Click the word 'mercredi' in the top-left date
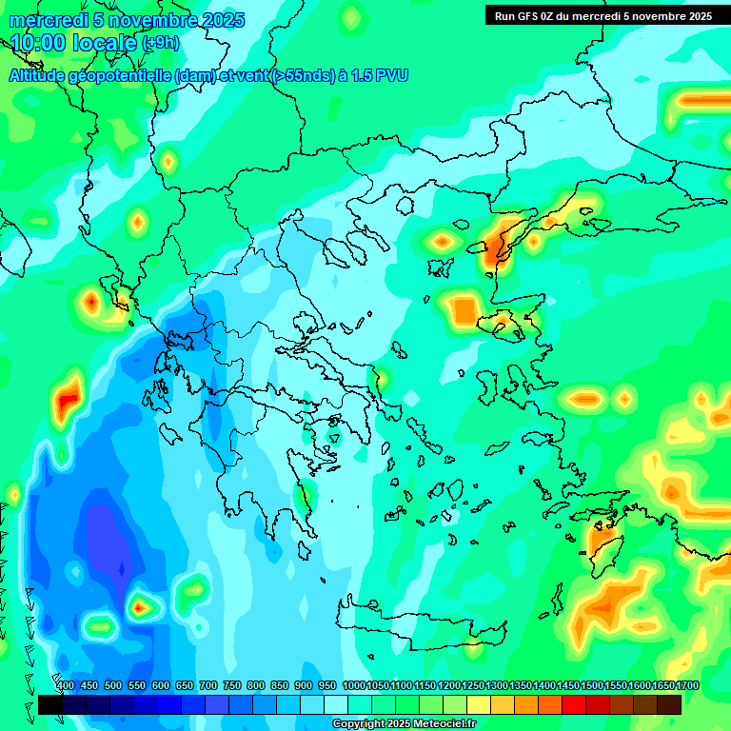(x=46, y=20)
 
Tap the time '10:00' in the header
(x=39, y=43)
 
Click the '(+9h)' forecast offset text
(x=159, y=44)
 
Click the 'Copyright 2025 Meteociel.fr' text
(x=404, y=724)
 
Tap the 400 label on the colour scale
(x=66, y=685)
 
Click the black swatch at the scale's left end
(x=50, y=704)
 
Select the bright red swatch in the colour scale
(x=574, y=704)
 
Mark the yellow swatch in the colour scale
(x=479, y=704)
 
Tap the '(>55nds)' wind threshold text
(x=302, y=75)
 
